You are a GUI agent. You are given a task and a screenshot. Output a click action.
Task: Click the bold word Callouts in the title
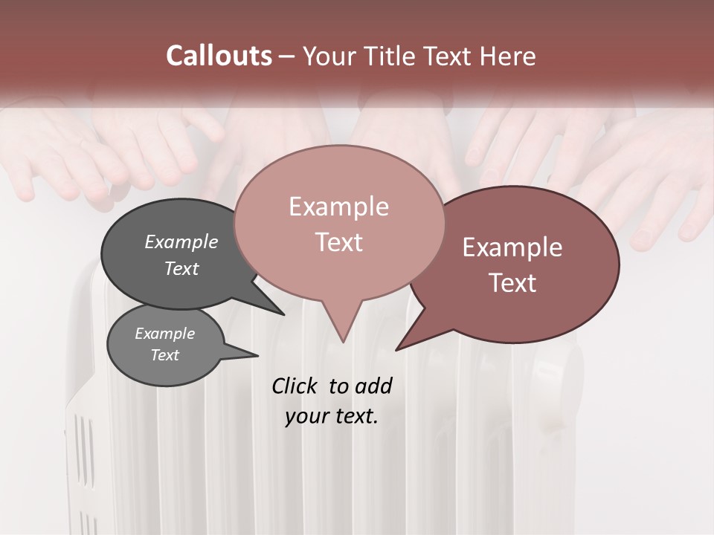point(219,56)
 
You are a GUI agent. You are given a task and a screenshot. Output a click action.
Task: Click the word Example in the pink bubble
point(338,207)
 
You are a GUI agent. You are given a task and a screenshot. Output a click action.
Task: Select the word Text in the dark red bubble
point(513,283)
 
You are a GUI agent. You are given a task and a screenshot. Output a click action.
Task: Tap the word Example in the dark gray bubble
point(181,241)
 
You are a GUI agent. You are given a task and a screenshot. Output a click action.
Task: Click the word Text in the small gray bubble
point(165,355)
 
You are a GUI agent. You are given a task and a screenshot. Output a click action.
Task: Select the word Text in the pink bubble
point(338,242)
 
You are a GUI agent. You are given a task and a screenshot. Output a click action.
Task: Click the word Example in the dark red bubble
point(512,247)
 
